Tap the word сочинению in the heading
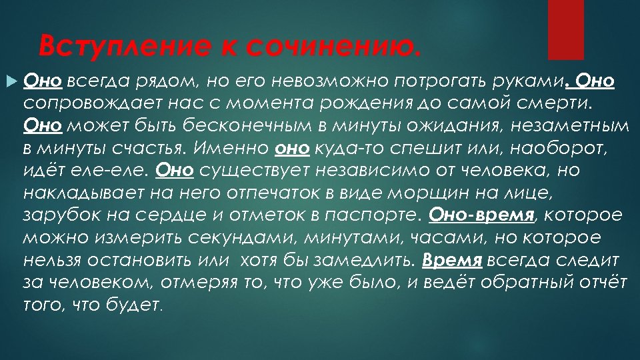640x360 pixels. click(x=333, y=46)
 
